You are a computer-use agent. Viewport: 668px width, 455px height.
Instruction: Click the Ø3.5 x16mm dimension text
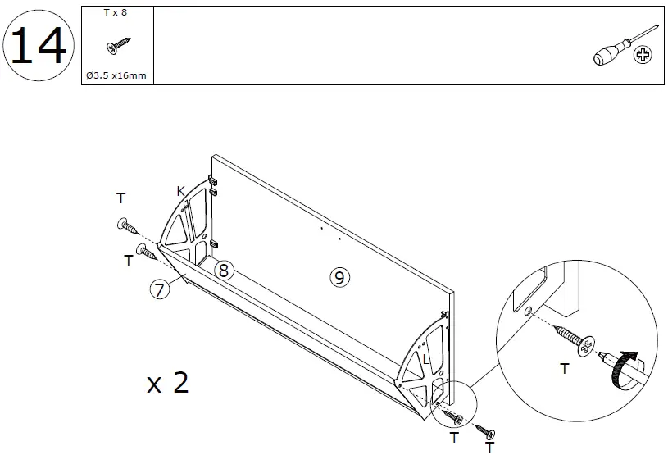(118, 75)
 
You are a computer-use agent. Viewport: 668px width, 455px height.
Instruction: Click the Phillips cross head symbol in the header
(645, 56)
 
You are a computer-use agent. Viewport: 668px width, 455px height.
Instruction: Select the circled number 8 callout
(225, 269)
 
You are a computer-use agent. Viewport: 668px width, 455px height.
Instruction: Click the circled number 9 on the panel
(339, 277)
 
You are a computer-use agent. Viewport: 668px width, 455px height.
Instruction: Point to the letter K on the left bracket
(180, 191)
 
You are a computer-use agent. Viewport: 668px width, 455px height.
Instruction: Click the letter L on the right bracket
(426, 360)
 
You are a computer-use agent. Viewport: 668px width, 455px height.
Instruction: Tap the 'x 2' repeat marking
(168, 383)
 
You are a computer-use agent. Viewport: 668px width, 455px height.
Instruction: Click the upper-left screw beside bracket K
(128, 224)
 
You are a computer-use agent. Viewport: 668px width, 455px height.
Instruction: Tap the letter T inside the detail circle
(563, 370)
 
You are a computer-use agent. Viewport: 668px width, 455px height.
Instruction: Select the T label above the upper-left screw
(120, 198)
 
